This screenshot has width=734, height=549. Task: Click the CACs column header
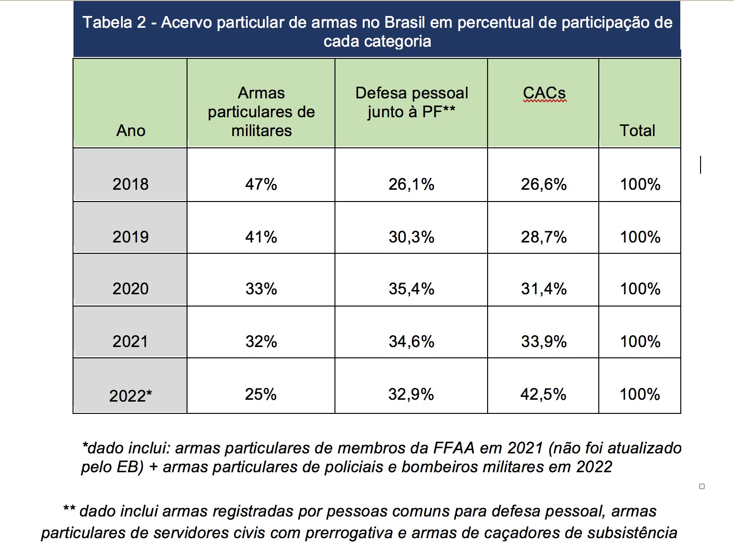[544, 93]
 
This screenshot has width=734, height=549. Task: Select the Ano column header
[130, 130]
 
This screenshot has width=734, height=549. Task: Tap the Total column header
[637, 130]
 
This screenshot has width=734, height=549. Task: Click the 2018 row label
[130, 184]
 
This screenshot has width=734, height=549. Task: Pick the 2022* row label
[130, 396]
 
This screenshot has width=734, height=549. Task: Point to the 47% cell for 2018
[261, 184]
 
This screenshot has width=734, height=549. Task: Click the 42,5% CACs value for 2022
[543, 394]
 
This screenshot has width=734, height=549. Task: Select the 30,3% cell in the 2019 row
[411, 237]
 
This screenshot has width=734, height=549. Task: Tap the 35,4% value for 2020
[411, 289]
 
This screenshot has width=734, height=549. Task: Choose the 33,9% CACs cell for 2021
[544, 341]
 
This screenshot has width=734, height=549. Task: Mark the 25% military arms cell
[261, 394]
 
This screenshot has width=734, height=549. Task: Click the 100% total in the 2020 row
[640, 289]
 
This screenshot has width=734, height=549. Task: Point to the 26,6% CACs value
[544, 184]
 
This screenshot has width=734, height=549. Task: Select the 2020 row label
[130, 289]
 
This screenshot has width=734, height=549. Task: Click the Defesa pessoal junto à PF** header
[411, 102]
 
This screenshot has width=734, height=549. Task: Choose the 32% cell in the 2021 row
[261, 341]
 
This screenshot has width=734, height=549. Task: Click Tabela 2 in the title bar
[114, 22]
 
